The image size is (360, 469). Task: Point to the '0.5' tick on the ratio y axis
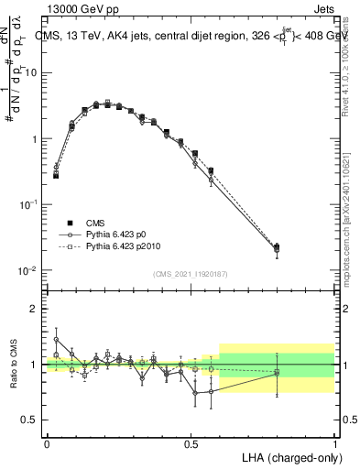point(29,420)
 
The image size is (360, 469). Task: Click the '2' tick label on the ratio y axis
point(35,309)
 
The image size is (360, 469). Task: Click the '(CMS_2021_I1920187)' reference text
point(191,274)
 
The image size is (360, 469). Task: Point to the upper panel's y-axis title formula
point(16,92)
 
